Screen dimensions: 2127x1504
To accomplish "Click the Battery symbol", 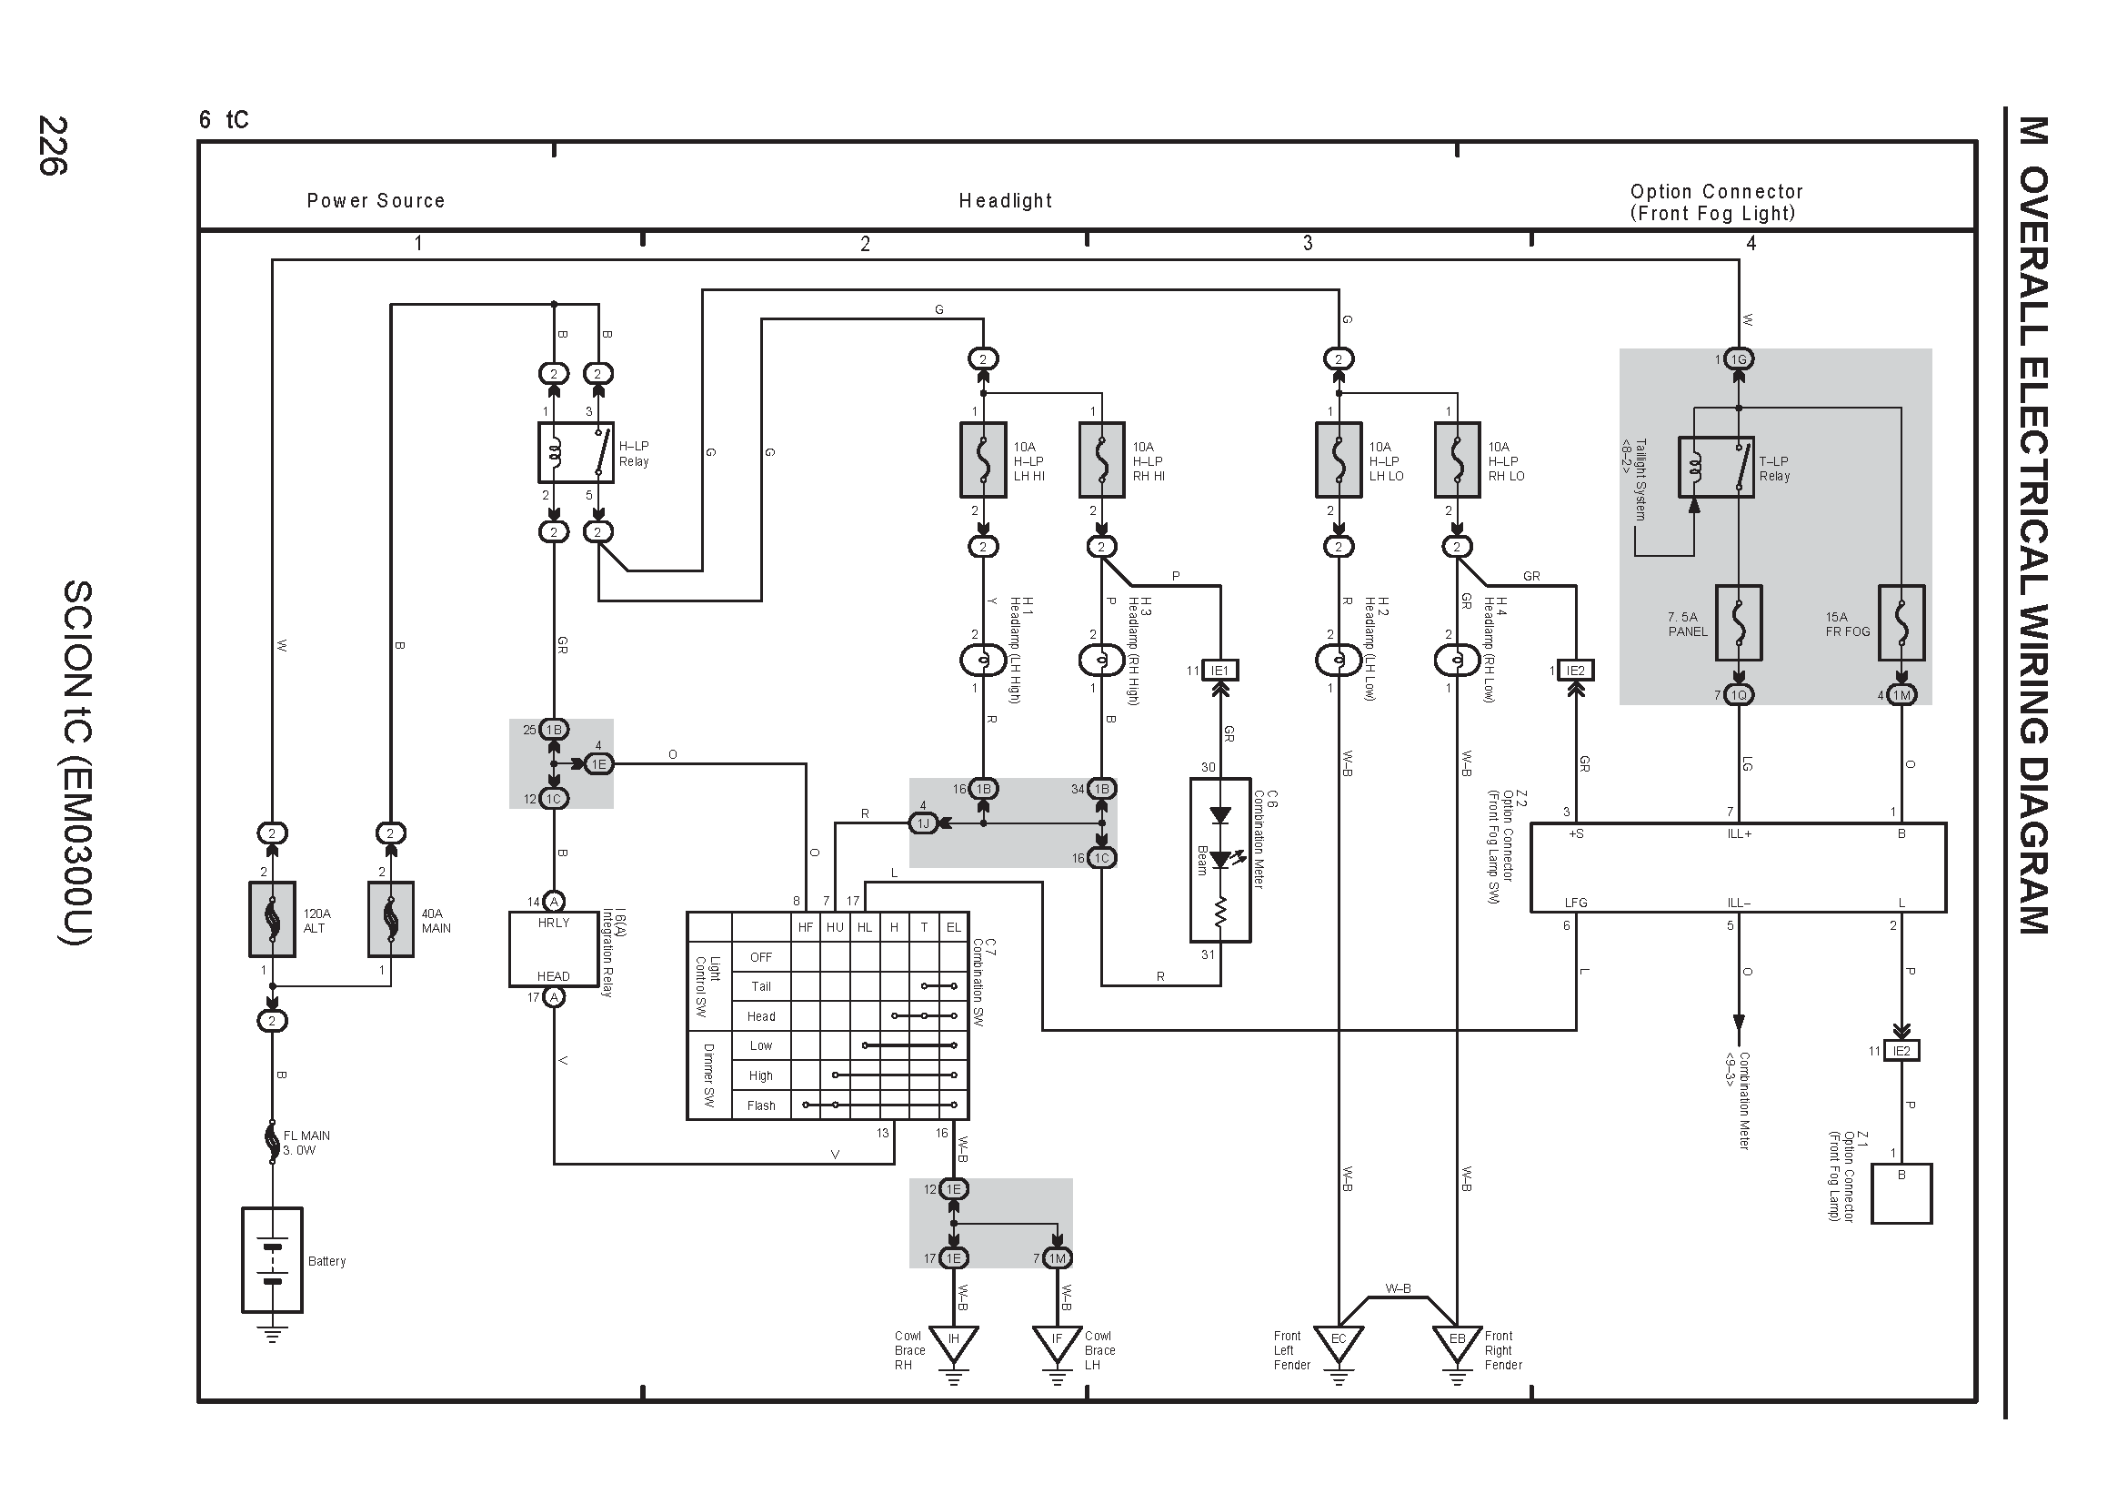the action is (x=273, y=1259).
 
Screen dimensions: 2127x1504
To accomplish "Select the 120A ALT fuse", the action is (x=273, y=918).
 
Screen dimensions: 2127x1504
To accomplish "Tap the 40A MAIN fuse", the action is (x=391, y=918).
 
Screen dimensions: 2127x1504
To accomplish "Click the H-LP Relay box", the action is (x=577, y=453).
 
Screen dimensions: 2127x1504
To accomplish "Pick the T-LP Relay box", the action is (x=1717, y=467).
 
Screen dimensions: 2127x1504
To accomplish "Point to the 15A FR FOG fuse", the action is (x=1901, y=621).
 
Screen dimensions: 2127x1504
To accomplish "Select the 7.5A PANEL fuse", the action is (x=1739, y=621).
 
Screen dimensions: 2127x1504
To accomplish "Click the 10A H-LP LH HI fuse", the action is (x=983, y=459).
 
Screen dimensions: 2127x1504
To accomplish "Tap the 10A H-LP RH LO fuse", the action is (x=1457, y=459).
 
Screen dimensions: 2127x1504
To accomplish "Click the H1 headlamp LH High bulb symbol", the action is (x=983, y=661).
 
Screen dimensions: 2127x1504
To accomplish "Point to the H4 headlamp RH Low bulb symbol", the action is (x=1457, y=661).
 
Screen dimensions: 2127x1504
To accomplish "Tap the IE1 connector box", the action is (x=1220, y=670).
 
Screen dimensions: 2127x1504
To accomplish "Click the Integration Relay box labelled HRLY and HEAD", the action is (x=554, y=950).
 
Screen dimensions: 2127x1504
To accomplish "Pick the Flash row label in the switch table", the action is (x=761, y=1105).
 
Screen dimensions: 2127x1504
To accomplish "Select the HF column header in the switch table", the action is (x=806, y=926).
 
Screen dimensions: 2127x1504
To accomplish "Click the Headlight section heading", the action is (x=1005, y=201).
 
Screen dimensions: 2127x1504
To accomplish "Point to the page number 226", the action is (x=53, y=146).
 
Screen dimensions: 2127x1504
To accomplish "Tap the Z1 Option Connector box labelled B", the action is (x=1901, y=1194).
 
